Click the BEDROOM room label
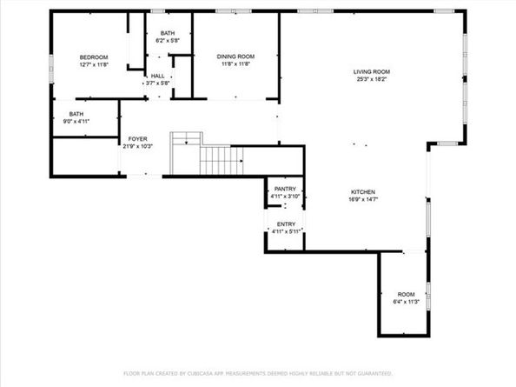[x=93, y=57]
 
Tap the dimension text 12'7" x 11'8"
[x=93, y=64]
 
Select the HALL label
[x=157, y=77]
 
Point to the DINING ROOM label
[x=235, y=57]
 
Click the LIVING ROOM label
[x=371, y=71]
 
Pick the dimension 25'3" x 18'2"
[x=371, y=79]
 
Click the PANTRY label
[x=285, y=189]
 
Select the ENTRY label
[x=285, y=224]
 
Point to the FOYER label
[x=138, y=139]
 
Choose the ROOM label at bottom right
[x=406, y=294]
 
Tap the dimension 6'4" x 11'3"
[x=406, y=302]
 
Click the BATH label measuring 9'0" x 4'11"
[x=76, y=113]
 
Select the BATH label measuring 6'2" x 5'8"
[x=166, y=33]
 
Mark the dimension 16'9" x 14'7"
[x=362, y=199]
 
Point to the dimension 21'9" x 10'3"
[x=138, y=146]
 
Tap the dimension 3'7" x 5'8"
[x=157, y=83]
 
